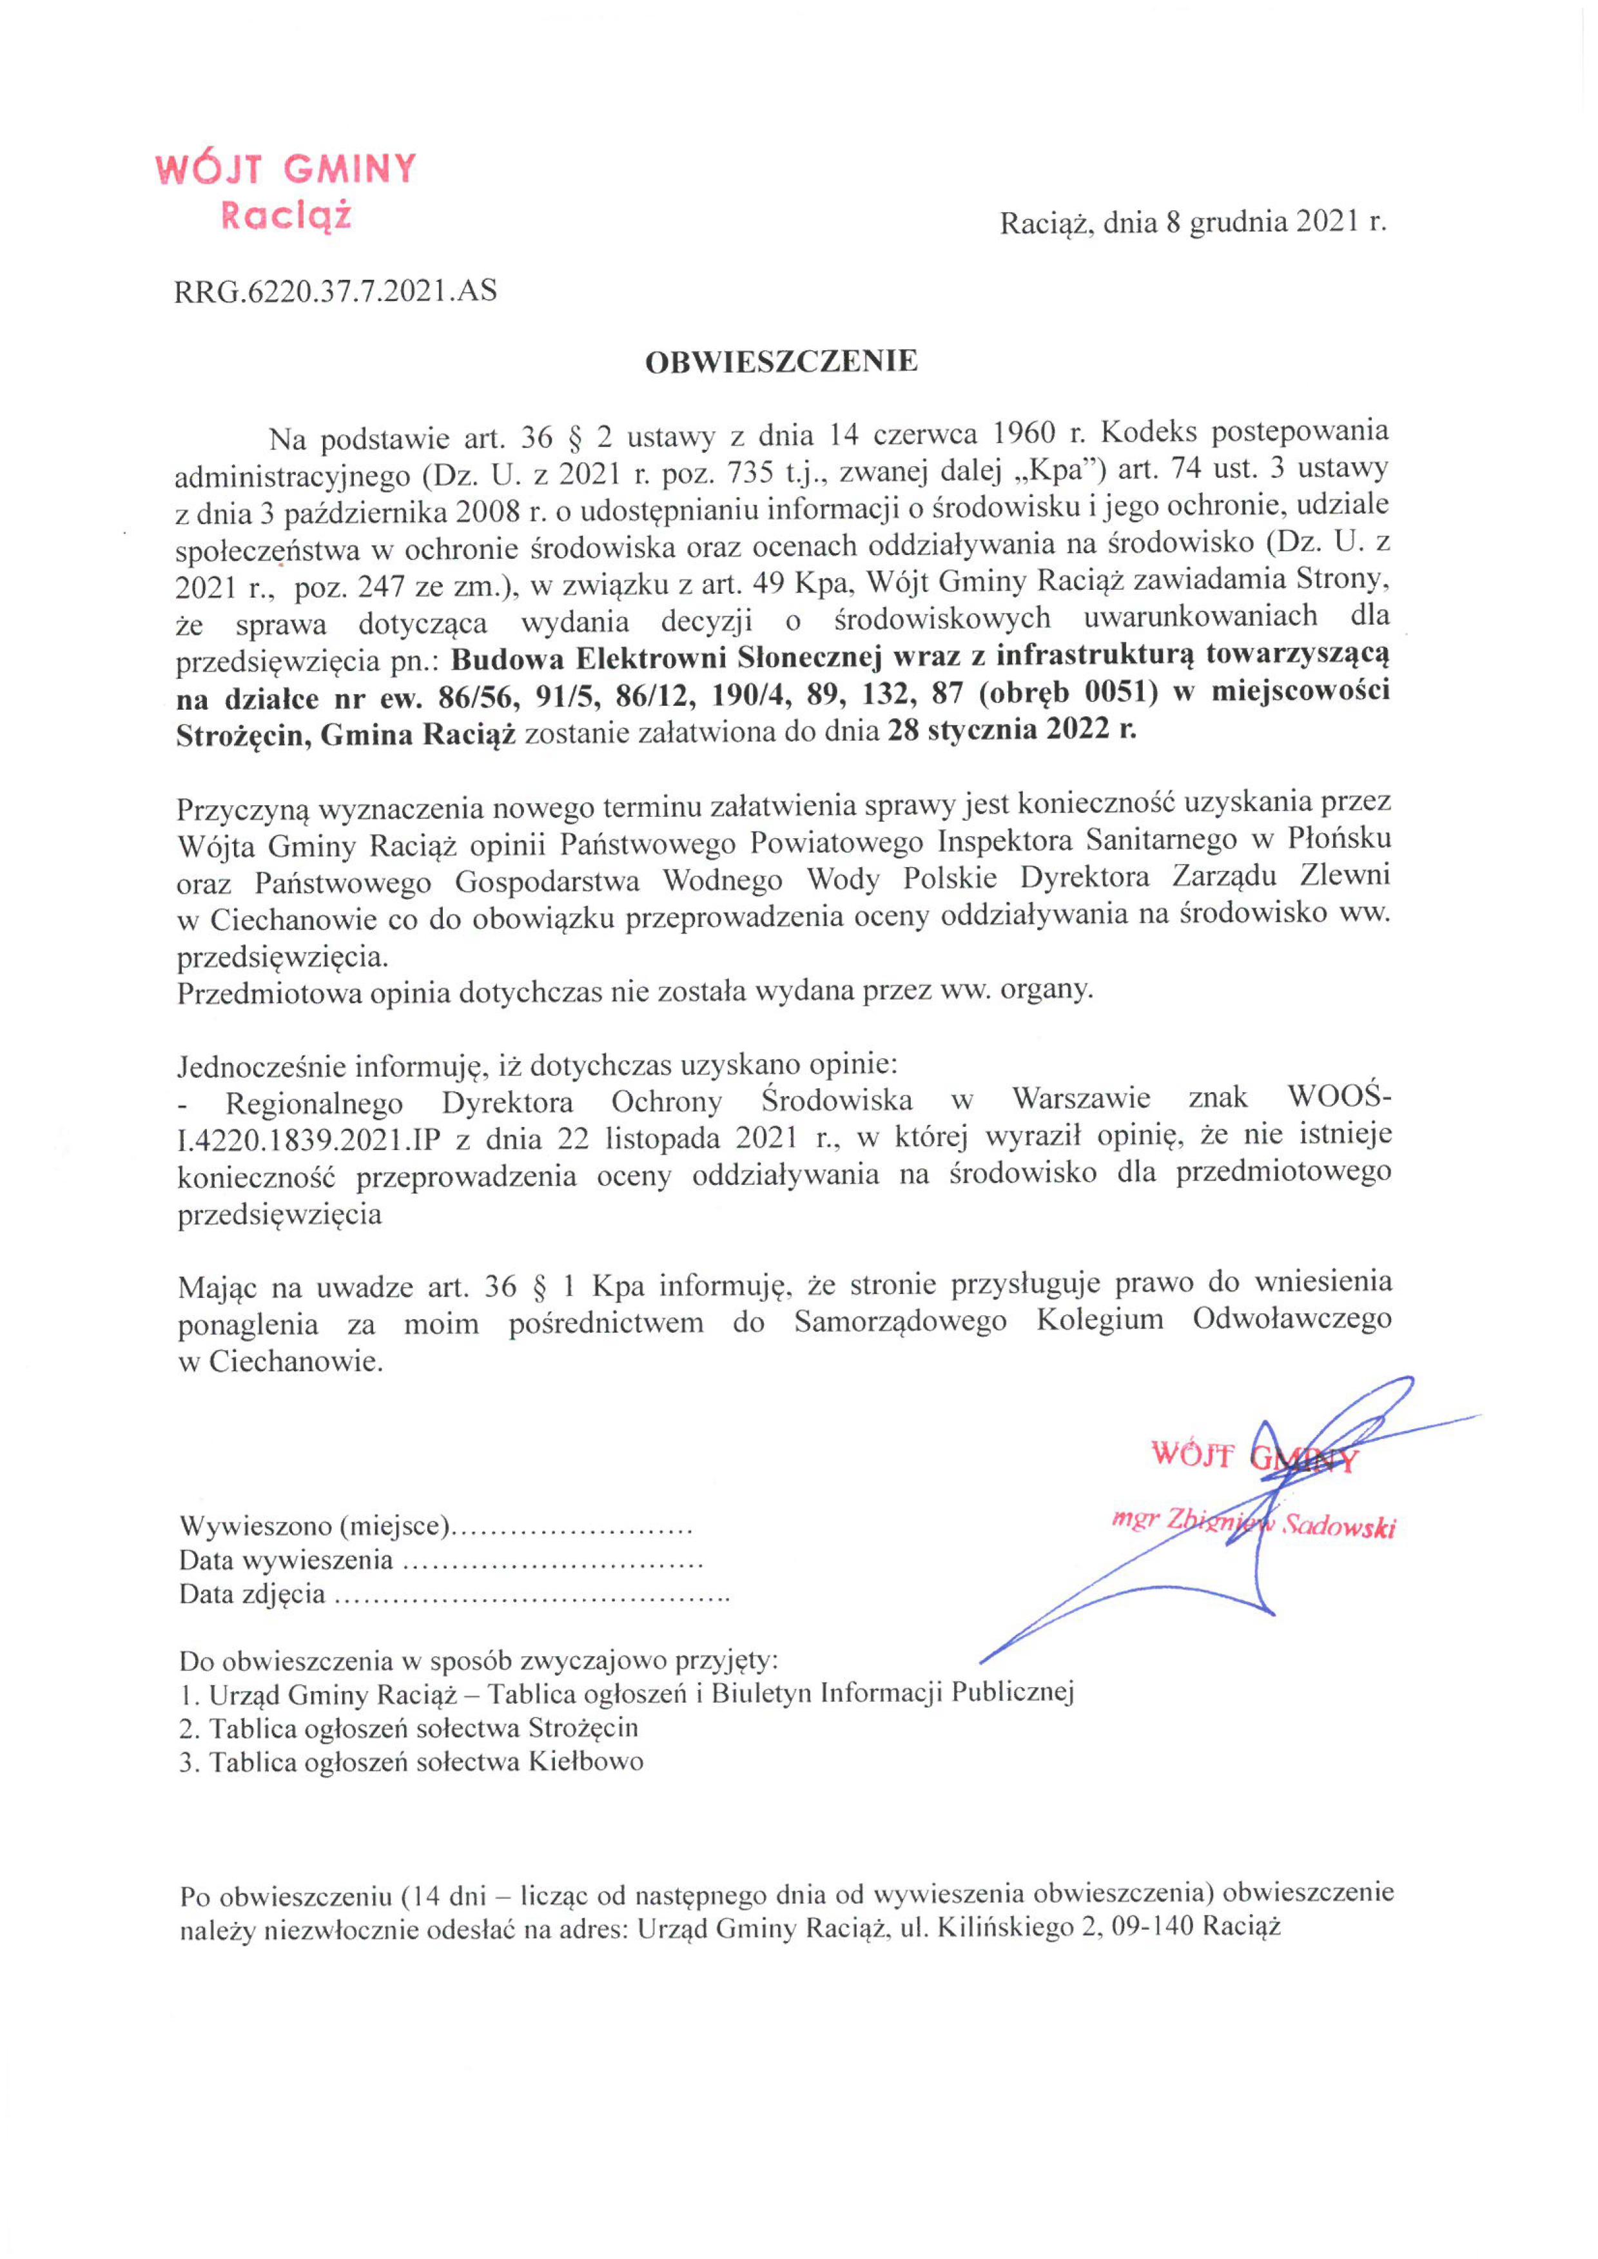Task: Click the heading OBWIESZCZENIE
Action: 781,362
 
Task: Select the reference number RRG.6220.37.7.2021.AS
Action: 336,291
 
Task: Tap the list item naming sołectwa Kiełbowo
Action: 411,1761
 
